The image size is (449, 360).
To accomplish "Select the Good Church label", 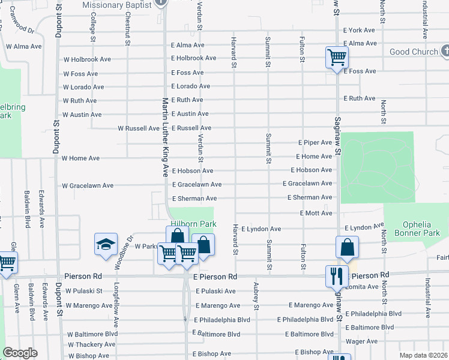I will [414, 52].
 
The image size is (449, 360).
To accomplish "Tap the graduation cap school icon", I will [106, 245].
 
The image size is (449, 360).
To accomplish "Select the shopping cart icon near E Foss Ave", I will [337, 58].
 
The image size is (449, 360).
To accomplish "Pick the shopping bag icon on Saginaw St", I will [348, 247].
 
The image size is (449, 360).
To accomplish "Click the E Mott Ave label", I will [316, 213].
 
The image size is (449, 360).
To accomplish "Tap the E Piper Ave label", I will [316, 143].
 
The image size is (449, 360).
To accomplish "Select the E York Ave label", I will [359, 30].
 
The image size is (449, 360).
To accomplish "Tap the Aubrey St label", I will [256, 296].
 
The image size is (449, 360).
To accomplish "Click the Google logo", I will [19, 353].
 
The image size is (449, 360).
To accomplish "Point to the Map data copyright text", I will [423, 355].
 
